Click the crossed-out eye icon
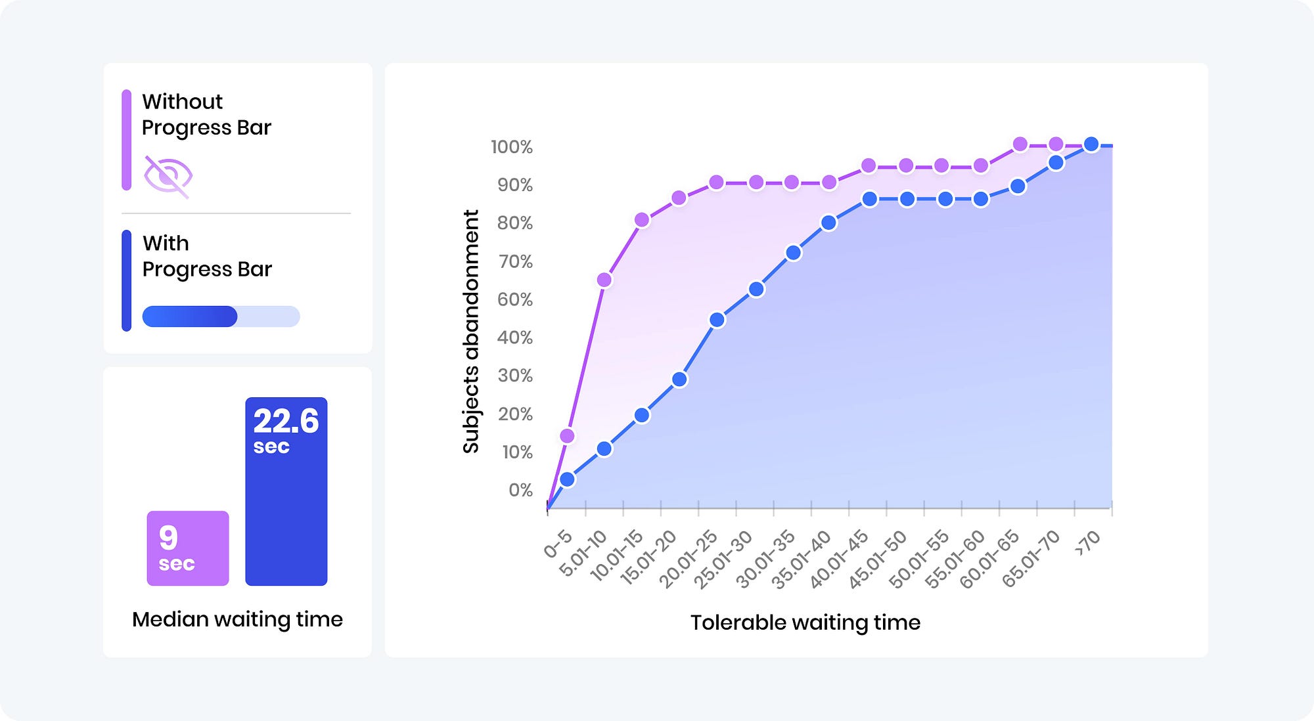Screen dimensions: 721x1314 [x=168, y=176]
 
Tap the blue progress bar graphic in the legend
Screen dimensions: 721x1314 [x=221, y=317]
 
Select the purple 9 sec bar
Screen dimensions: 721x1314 [x=188, y=548]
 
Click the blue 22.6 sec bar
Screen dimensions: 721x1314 [x=286, y=491]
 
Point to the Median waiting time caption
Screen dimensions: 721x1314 [x=237, y=619]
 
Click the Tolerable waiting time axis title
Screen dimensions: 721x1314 [x=805, y=623]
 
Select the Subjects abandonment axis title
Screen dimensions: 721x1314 [x=471, y=332]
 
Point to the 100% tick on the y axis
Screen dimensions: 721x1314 [x=511, y=146]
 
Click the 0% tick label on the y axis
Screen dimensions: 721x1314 [x=520, y=490]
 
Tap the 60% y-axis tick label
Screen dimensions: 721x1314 [x=514, y=299]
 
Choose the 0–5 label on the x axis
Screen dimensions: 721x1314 [x=558, y=544]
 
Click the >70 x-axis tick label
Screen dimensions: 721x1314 [x=1088, y=543]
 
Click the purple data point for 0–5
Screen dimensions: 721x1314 [x=567, y=436]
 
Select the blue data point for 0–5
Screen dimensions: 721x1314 [x=567, y=479]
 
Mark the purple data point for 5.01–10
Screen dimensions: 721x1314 [x=604, y=280]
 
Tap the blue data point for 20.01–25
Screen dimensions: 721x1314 [x=717, y=320]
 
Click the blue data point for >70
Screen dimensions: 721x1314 [x=1091, y=144]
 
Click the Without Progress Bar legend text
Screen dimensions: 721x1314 [x=206, y=114]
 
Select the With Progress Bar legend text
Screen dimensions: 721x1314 [x=207, y=256]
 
